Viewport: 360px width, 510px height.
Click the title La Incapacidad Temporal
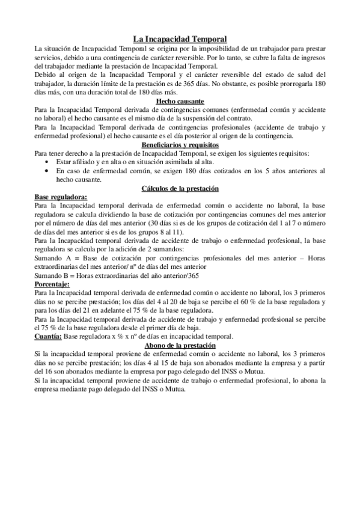[180, 38]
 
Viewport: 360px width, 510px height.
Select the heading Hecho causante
[180, 102]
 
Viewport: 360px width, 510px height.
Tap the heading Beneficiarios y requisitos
[180, 145]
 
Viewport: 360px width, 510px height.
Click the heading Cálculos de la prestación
[180, 188]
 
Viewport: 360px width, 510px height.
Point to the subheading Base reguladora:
[61, 197]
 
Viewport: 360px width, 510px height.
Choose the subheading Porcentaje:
[52, 283]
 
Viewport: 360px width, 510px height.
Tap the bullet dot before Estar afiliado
[47, 162]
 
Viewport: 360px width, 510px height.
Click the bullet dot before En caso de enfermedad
[47, 171]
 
